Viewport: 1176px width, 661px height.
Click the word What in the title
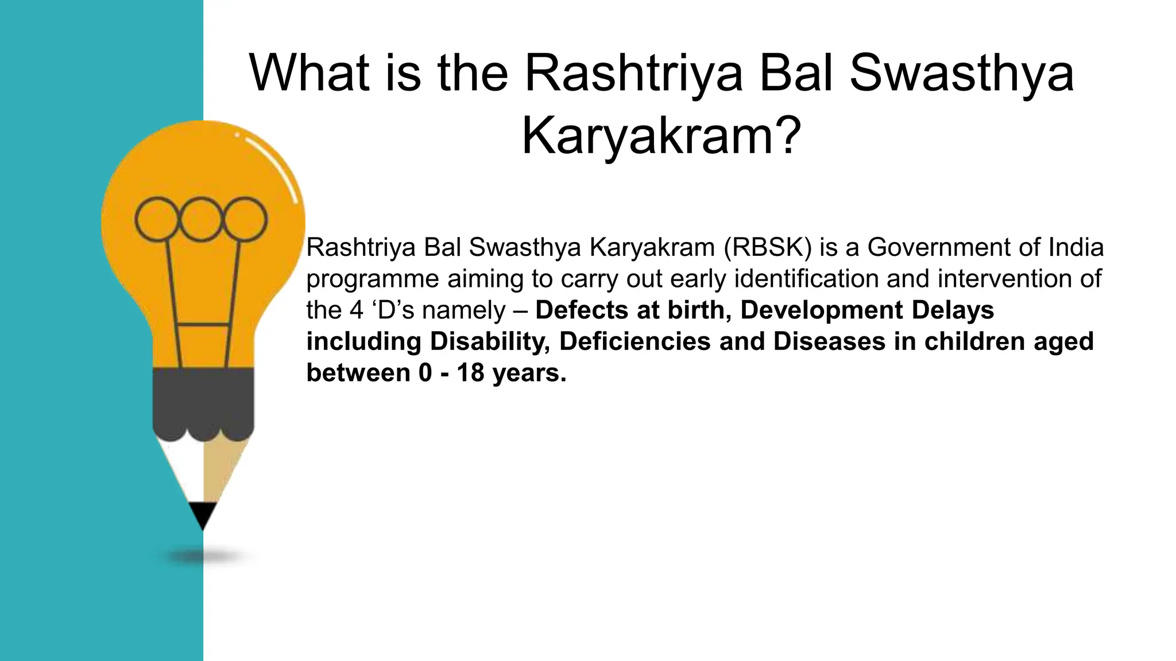coord(309,73)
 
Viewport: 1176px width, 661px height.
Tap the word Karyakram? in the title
coord(660,136)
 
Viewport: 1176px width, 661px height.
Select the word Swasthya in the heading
coord(961,73)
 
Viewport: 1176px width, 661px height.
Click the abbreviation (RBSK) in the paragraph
coord(768,248)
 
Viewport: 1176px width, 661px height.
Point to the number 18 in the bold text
coord(470,373)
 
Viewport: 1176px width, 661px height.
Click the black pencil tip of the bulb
coord(203,514)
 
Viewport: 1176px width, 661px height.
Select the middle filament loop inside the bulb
coord(201,219)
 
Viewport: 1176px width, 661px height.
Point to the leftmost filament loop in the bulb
coord(157,219)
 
